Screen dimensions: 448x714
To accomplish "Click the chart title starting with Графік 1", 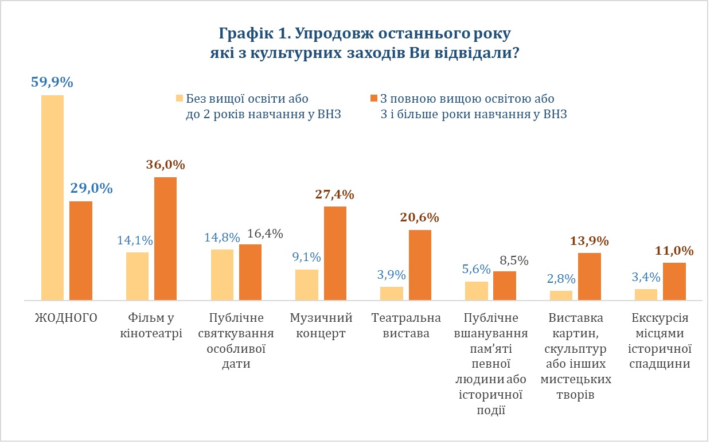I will [364, 43].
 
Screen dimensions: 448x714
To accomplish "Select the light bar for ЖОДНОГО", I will [52, 197].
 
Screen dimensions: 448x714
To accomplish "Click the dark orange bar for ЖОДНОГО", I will [81, 251].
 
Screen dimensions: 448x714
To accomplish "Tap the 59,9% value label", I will [52, 83].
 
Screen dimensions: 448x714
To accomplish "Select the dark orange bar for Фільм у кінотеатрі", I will [165, 239].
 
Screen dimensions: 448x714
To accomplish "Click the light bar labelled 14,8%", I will [222, 275].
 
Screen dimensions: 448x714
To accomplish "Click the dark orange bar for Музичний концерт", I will [335, 253].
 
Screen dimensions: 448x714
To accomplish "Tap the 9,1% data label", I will [307, 257].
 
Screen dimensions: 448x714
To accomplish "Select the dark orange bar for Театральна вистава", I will [420, 265].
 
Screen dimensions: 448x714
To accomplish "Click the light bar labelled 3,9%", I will [392, 293].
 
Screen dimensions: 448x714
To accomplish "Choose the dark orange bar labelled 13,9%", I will [589, 276].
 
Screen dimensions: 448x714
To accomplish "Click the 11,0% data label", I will [674, 251].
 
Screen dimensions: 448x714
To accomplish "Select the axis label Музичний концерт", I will [321, 326].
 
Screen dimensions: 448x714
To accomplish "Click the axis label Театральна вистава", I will [406, 326].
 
